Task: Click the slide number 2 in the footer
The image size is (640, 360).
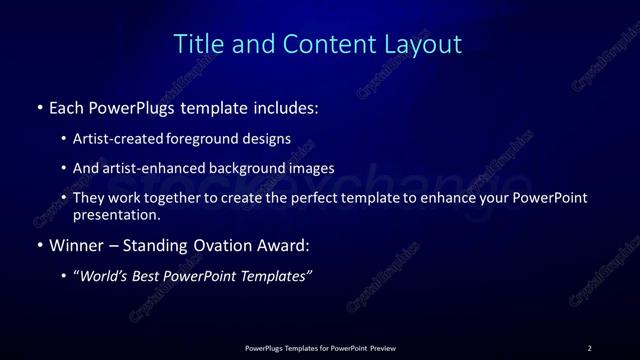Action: pos(589,348)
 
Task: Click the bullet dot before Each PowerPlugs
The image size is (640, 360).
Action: pos(39,107)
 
